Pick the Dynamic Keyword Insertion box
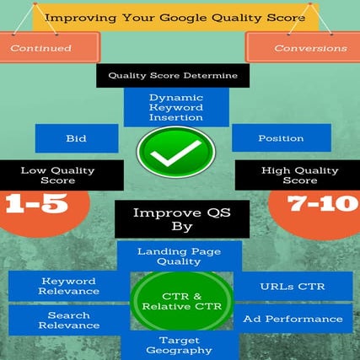[175, 109]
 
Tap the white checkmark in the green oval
[175, 152]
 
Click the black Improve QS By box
[175, 220]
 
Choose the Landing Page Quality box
[179, 255]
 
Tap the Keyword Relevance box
[68, 287]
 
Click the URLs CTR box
[292, 286]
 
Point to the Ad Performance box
[292, 319]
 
